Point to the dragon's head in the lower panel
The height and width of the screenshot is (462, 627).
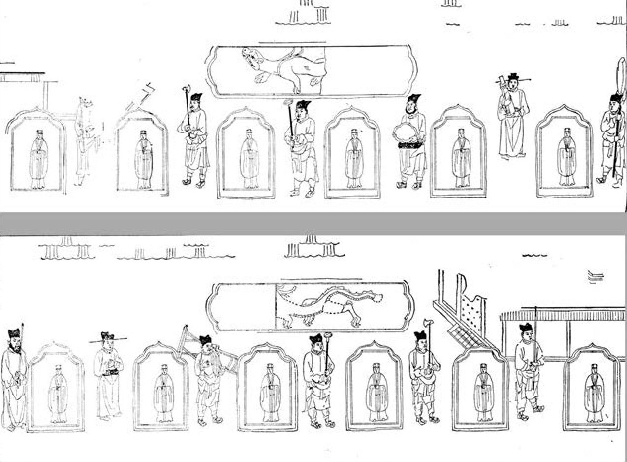[x=376, y=297]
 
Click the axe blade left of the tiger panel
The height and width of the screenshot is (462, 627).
[x=186, y=90]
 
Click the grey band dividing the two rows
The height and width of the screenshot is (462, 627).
[x=313, y=224]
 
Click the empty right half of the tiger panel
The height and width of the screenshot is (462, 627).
[x=369, y=71]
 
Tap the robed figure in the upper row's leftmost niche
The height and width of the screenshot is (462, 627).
[x=38, y=158]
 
